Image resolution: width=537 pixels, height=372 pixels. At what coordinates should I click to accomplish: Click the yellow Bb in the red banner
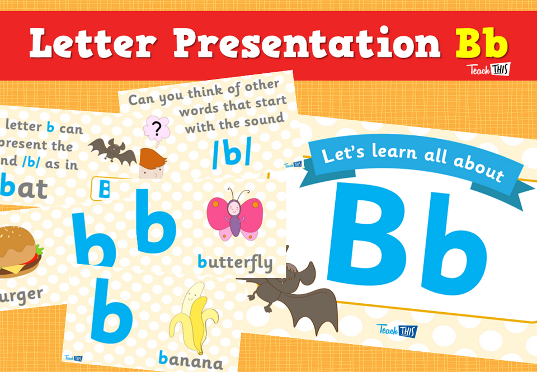coord(481,43)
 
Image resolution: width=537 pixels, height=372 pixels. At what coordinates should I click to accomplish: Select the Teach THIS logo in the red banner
coord(488,70)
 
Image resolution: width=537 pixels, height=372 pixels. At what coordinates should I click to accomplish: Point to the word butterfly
coord(235,262)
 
